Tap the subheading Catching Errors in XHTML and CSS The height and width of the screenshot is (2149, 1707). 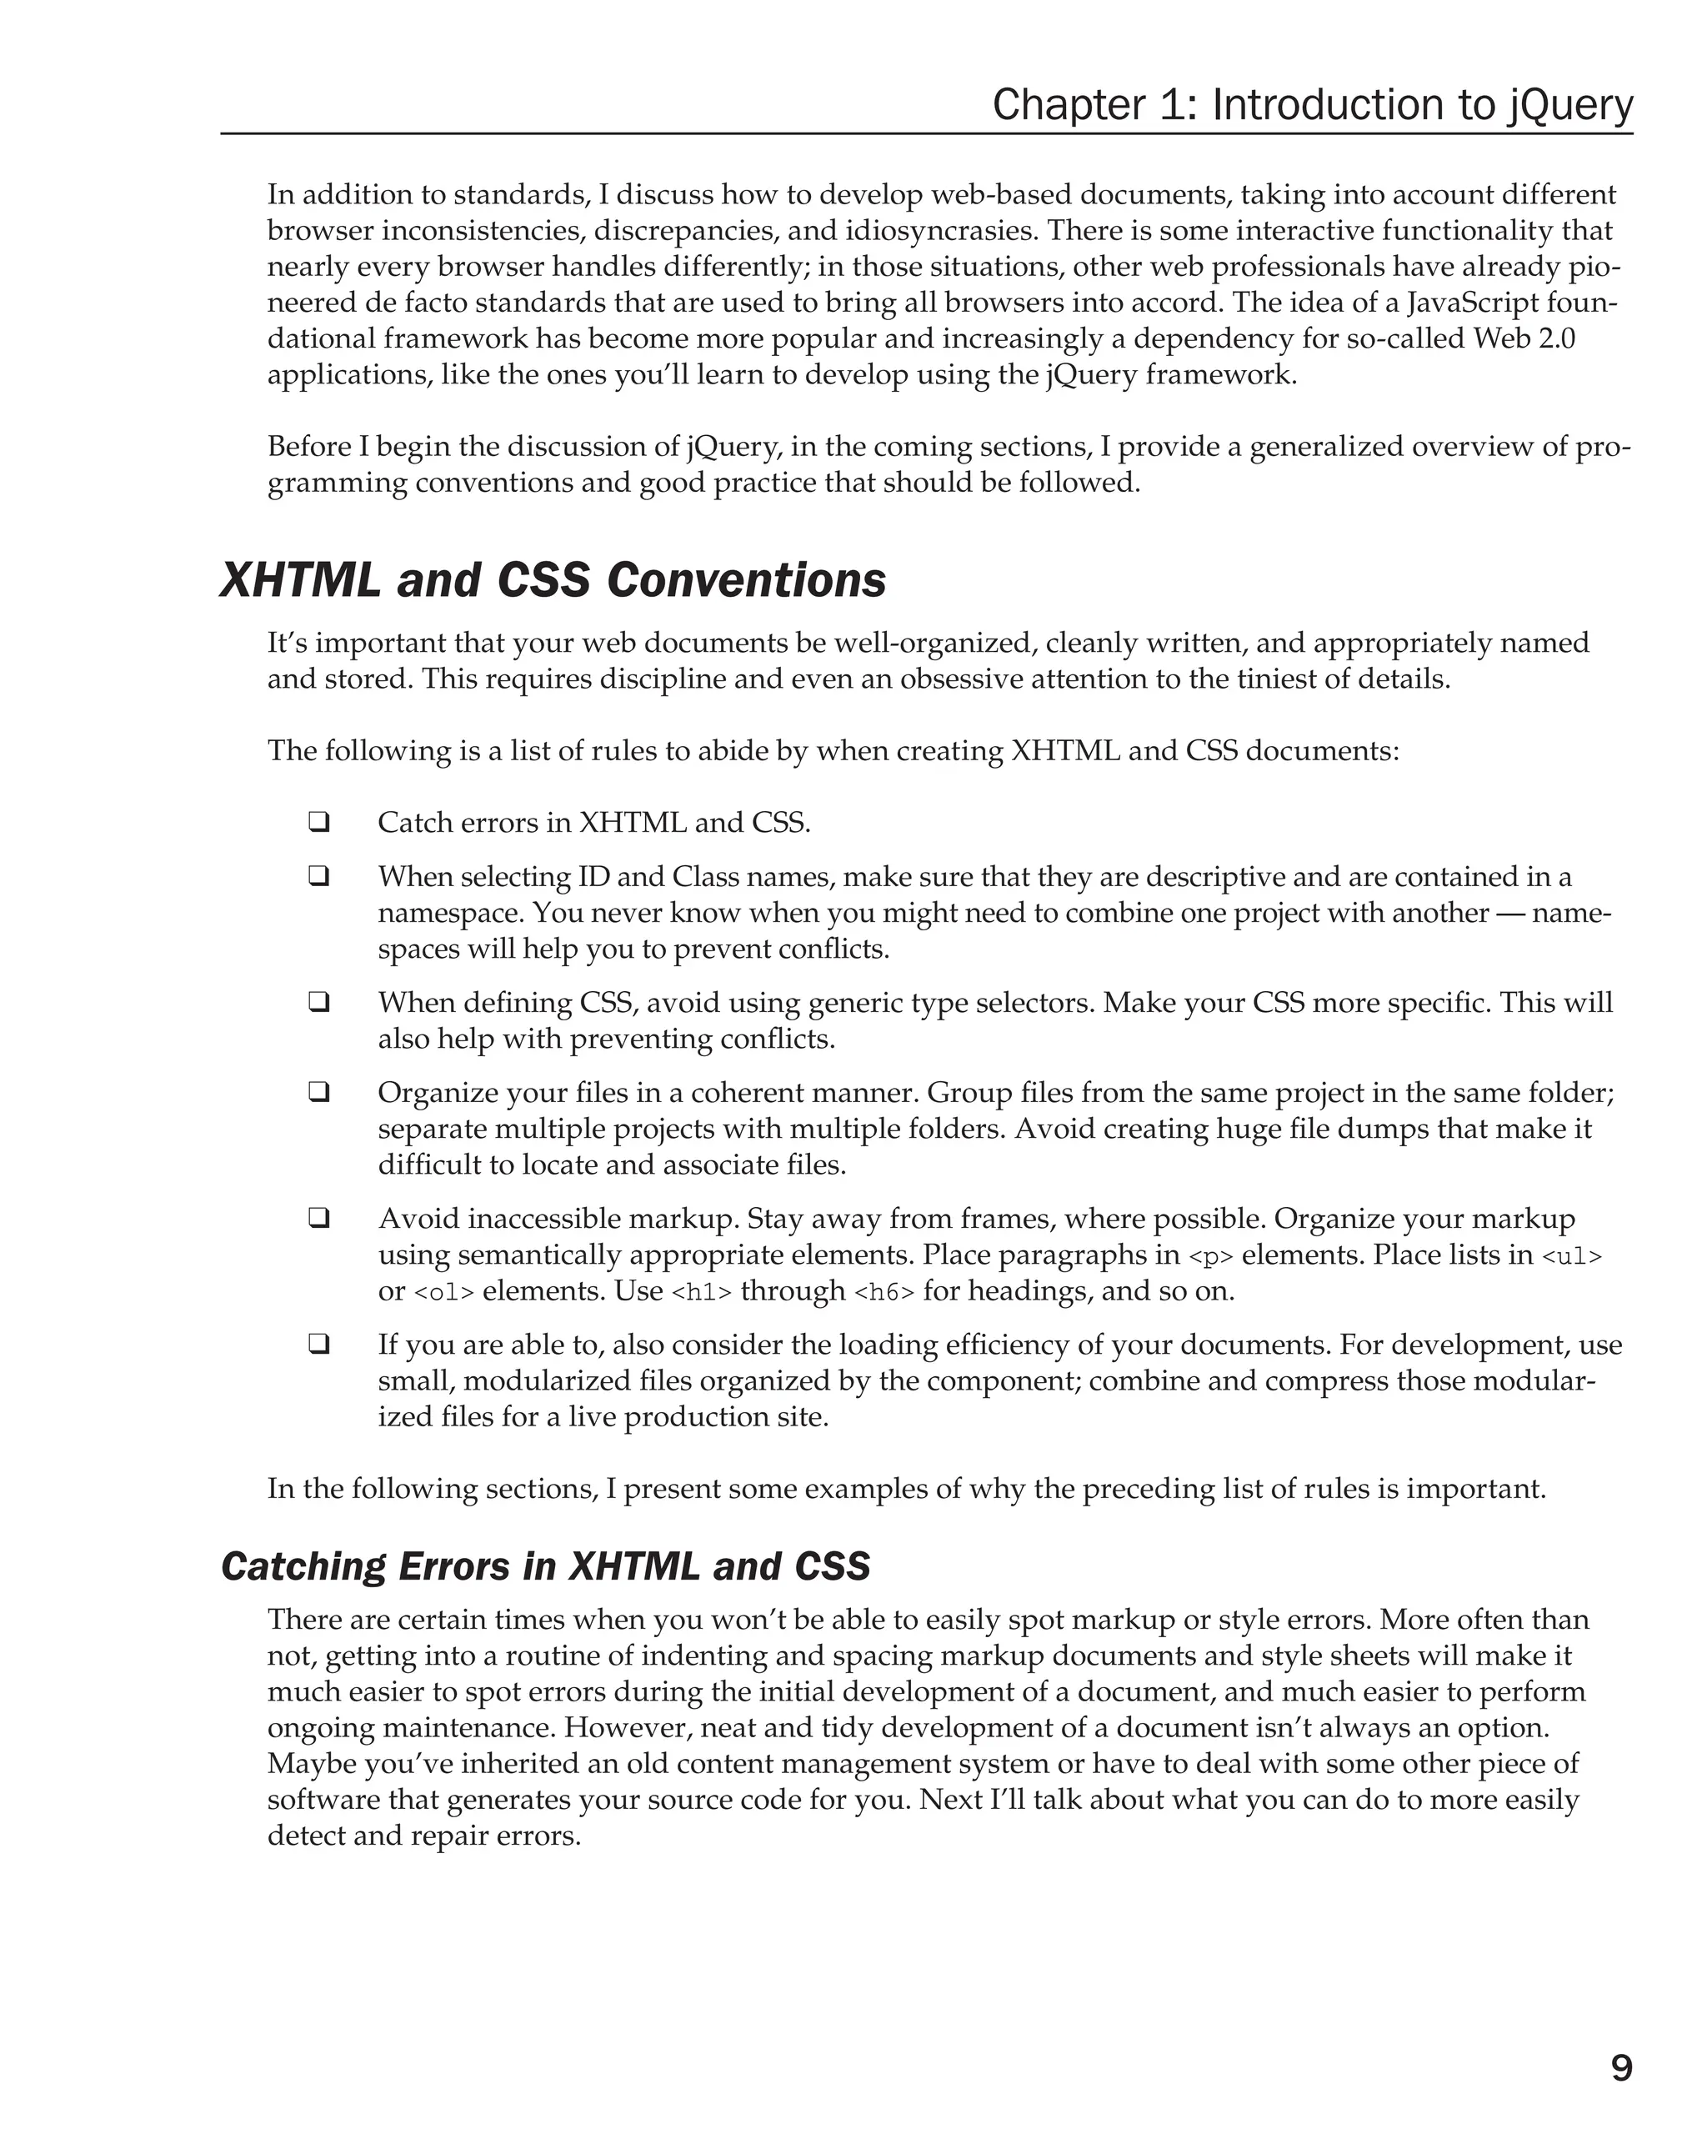pos(545,1565)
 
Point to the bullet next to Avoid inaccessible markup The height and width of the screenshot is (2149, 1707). pos(319,1218)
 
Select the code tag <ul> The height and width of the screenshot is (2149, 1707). pos(1571,1257)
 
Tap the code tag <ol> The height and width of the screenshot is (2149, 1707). pos(443,1293)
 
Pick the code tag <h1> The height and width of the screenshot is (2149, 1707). pos(702,1293)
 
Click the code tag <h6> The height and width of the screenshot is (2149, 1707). pos(884,1293)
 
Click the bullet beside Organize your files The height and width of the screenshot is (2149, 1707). pos(319,1093)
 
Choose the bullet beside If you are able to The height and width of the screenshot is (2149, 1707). pos(319,1344)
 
